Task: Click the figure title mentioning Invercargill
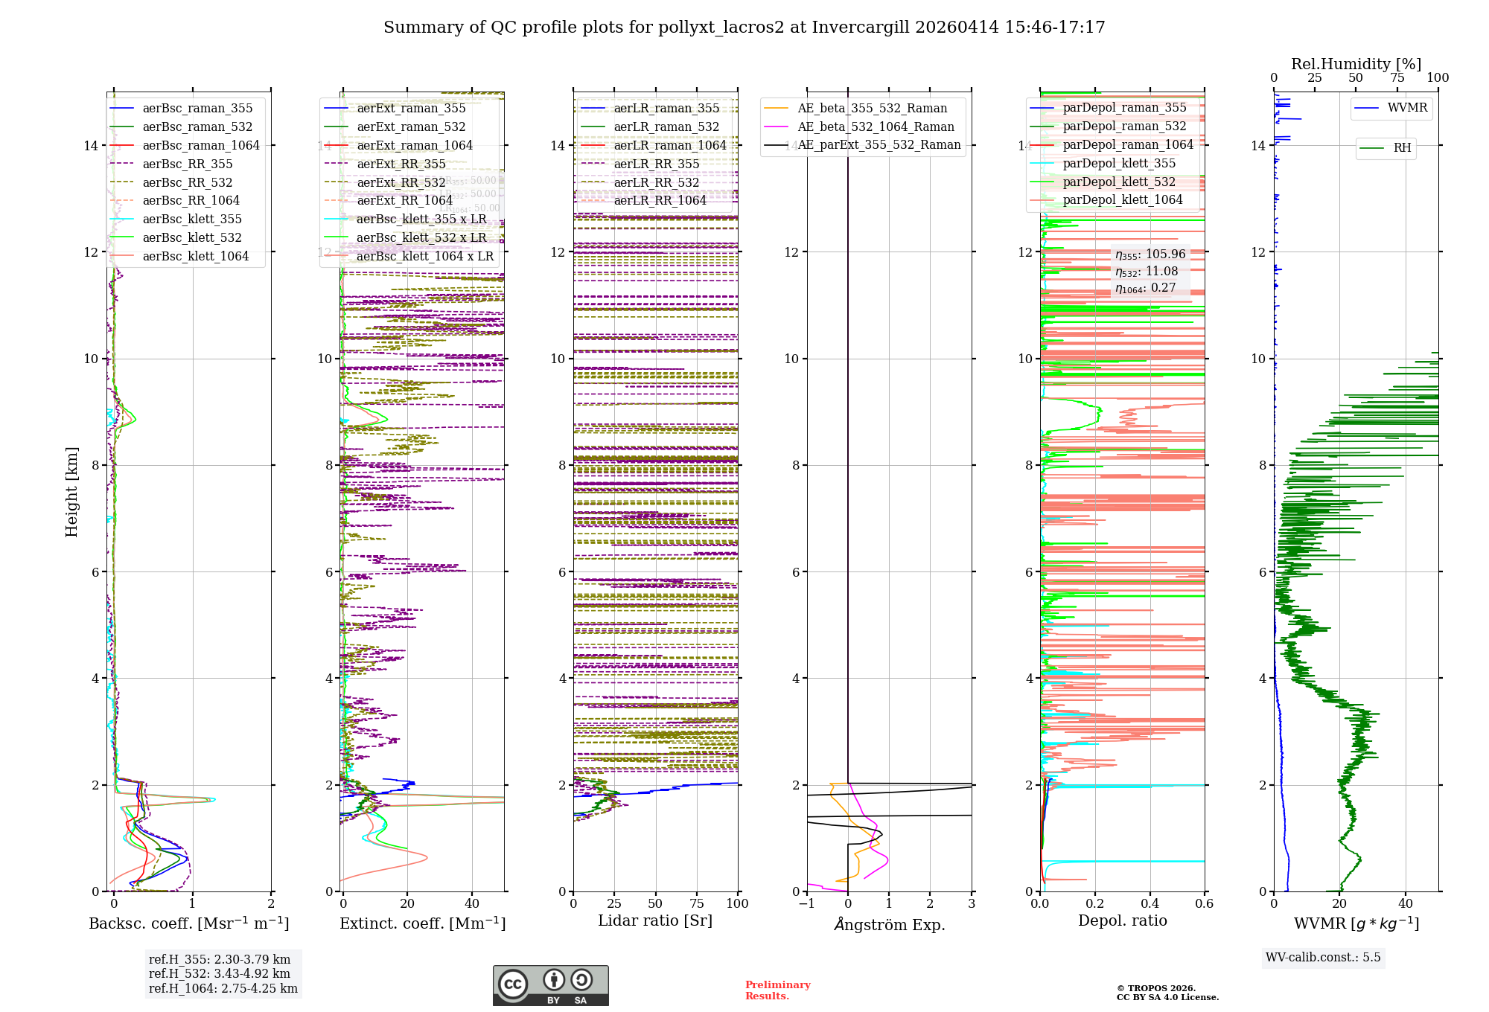click(x=744, y=28)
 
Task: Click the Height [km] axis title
click(x=71, y=491)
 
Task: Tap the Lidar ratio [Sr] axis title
click(x=655, y=920)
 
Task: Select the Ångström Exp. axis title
click(x=890, y=924)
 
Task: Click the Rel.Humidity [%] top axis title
click(x=1356, y=64)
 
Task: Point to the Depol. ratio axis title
click(x=1123, y=920)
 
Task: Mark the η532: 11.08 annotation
click(x=1147, y=272)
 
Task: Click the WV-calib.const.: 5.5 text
click(x=1323, y=957)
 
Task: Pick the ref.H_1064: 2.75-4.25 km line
click(x=223, y=988)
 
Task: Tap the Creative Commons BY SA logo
click(x=550, y=986)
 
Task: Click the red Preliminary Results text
click(x=778, y=990)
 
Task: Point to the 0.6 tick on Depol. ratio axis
click(x=1204, y=904)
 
